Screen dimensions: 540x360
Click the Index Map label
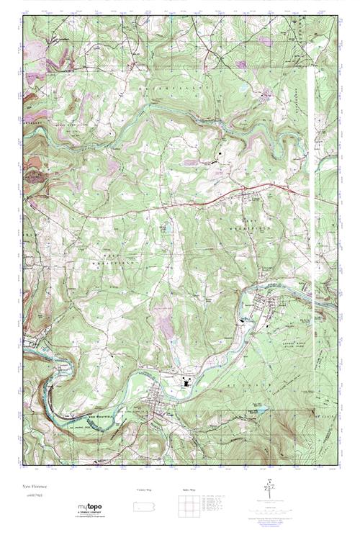[x=189, y=490]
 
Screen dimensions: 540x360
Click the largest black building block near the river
[x=188, y=384]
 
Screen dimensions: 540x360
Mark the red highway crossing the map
[x=180, y=204]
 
